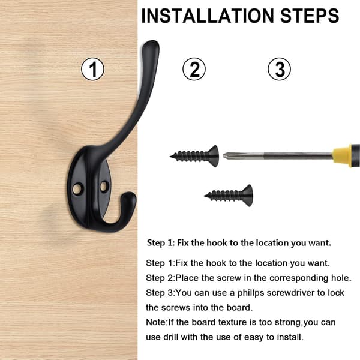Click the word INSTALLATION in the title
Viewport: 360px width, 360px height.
tap(208, 16)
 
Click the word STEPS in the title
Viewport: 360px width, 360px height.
tap(310, 16)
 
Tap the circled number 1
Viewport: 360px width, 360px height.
tap(92, 69)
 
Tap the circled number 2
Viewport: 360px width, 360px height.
tap(194, 69)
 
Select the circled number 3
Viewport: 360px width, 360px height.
tap(279, 69)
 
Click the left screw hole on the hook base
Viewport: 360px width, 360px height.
tap(77, 188)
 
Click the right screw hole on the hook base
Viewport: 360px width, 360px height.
tap(104, 186)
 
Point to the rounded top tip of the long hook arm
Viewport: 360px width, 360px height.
tap(151, 44)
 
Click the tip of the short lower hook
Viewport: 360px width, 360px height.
tap(129, 196)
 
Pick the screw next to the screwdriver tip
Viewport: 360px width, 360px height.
tap(194, 156)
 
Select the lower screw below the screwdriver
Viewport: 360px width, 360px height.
tap(229, 196)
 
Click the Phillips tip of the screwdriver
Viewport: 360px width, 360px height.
tap(227, 155)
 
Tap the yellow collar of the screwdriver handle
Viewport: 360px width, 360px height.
tap(342, 155)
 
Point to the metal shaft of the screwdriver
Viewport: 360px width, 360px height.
tap(278, 155)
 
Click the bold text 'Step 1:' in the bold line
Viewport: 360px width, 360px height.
tap(161, 243)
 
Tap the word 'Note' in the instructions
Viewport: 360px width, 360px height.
tap(156, 322)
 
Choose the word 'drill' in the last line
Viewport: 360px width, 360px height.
tap(170, 337)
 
